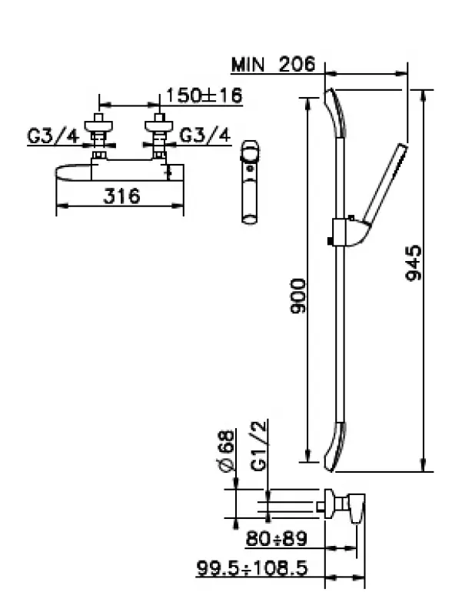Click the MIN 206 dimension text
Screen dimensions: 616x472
(x=274, y=65)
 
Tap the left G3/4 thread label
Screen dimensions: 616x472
(x=52, y=136)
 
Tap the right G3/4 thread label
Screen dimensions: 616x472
(x=204, y=136)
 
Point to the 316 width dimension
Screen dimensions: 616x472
(x=121, y=196)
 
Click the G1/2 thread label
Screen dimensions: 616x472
(x=260, y=451)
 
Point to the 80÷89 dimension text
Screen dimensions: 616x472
(x=276, y=538)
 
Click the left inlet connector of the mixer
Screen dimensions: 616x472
(x=98, y=136)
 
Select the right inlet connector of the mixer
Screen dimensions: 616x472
(x=160, y=136)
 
